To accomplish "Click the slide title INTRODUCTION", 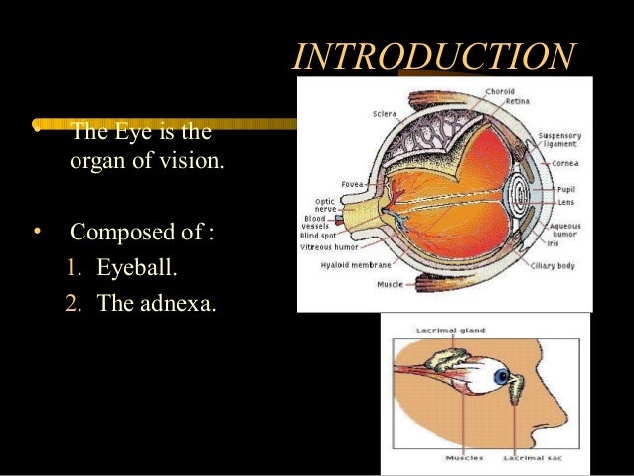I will (x=433, y=56).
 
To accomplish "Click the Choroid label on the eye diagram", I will (x=499, y=91).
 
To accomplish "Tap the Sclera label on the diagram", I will (x=385, y=113).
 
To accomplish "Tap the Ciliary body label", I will (x=553, y=266).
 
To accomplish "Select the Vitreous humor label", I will (x=329, y=247).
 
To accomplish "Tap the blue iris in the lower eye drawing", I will (x=503, y=377).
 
